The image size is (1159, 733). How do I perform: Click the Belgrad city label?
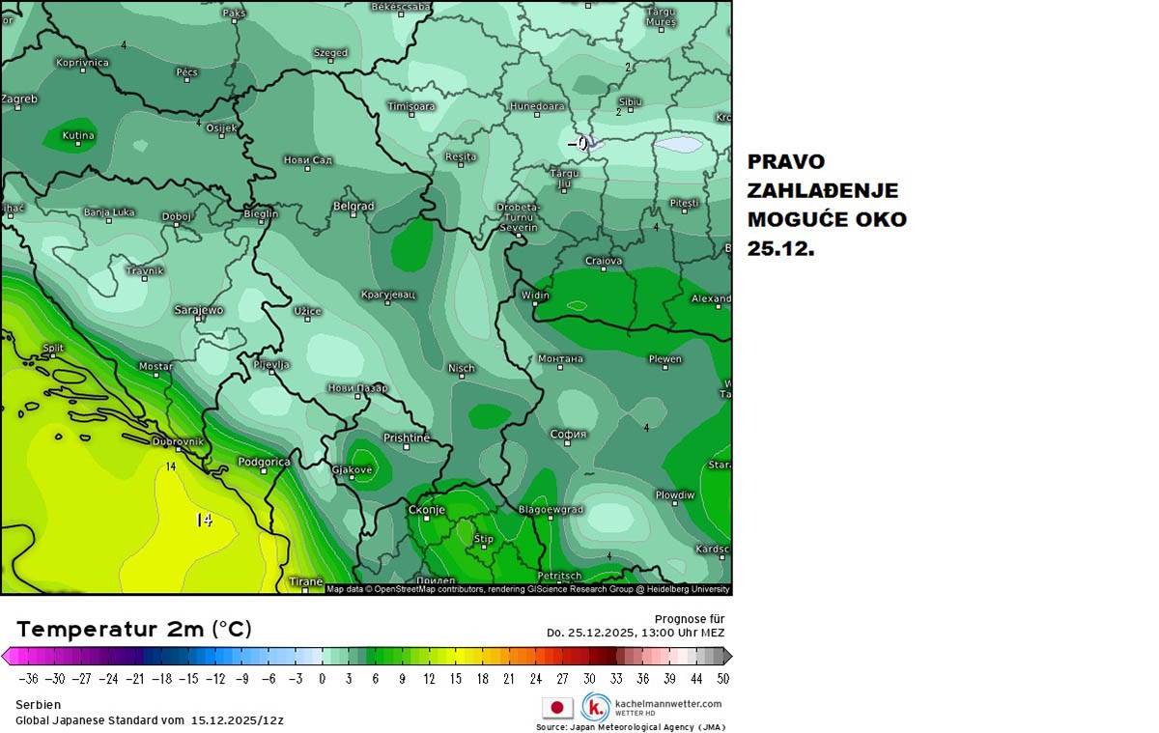353,206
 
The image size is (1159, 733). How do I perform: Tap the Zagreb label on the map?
18,99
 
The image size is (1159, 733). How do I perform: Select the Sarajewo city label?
198,310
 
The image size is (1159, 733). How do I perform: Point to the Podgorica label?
264,462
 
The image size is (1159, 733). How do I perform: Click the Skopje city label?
426,509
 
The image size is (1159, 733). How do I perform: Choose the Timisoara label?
411,106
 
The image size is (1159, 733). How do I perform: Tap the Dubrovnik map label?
179,441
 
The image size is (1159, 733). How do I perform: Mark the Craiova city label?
604,261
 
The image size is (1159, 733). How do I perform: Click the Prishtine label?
406,437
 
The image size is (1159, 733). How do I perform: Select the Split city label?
53,348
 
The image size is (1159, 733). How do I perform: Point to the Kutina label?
78,135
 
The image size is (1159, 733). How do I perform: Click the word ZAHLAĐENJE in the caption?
822,190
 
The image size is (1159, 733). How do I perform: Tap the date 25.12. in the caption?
780,248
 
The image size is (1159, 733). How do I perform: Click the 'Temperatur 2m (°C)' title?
134,630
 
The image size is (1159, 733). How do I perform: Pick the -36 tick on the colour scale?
27,679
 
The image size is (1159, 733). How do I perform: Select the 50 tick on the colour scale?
722,679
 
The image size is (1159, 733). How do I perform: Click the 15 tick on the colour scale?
454,679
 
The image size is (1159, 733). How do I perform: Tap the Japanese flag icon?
557,708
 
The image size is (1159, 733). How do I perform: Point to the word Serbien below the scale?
39,705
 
